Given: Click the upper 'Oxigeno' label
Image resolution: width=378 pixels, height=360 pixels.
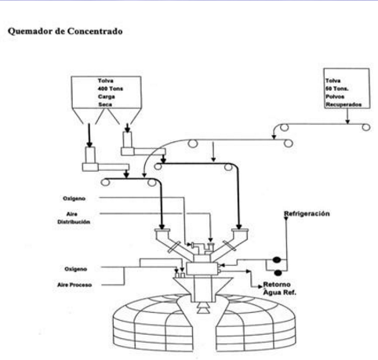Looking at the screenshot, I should coord(75,198).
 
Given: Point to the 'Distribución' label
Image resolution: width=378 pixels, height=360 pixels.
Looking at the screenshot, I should coord(74,221).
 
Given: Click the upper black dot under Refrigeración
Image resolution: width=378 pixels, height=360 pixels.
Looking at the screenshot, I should coord(278,260).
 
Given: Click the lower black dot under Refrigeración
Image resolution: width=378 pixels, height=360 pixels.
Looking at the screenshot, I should coord(278,272).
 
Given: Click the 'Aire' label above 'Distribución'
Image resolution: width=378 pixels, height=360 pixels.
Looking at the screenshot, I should coord(72,213).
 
